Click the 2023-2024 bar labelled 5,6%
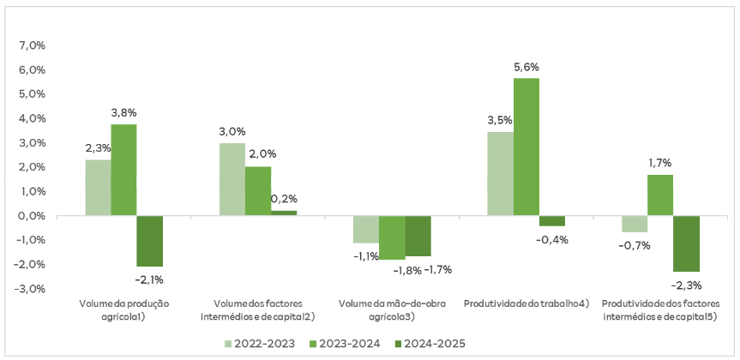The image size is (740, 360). click(526, 147)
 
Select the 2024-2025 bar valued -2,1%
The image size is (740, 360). click(149, 241)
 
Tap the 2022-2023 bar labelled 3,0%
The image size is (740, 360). click(232, 179)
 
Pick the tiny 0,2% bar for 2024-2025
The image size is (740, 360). click(284, 213)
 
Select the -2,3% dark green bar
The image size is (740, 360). click(686, 243)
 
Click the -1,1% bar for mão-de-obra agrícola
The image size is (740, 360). click(366, 230)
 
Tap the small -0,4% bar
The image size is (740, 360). click(552, 221)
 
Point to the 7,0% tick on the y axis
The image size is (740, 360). click(31, 45)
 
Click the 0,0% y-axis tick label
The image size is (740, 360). click(31, 216)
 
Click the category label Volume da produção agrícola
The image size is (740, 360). click(123, 310)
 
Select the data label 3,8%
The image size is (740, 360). click(123, 112)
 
